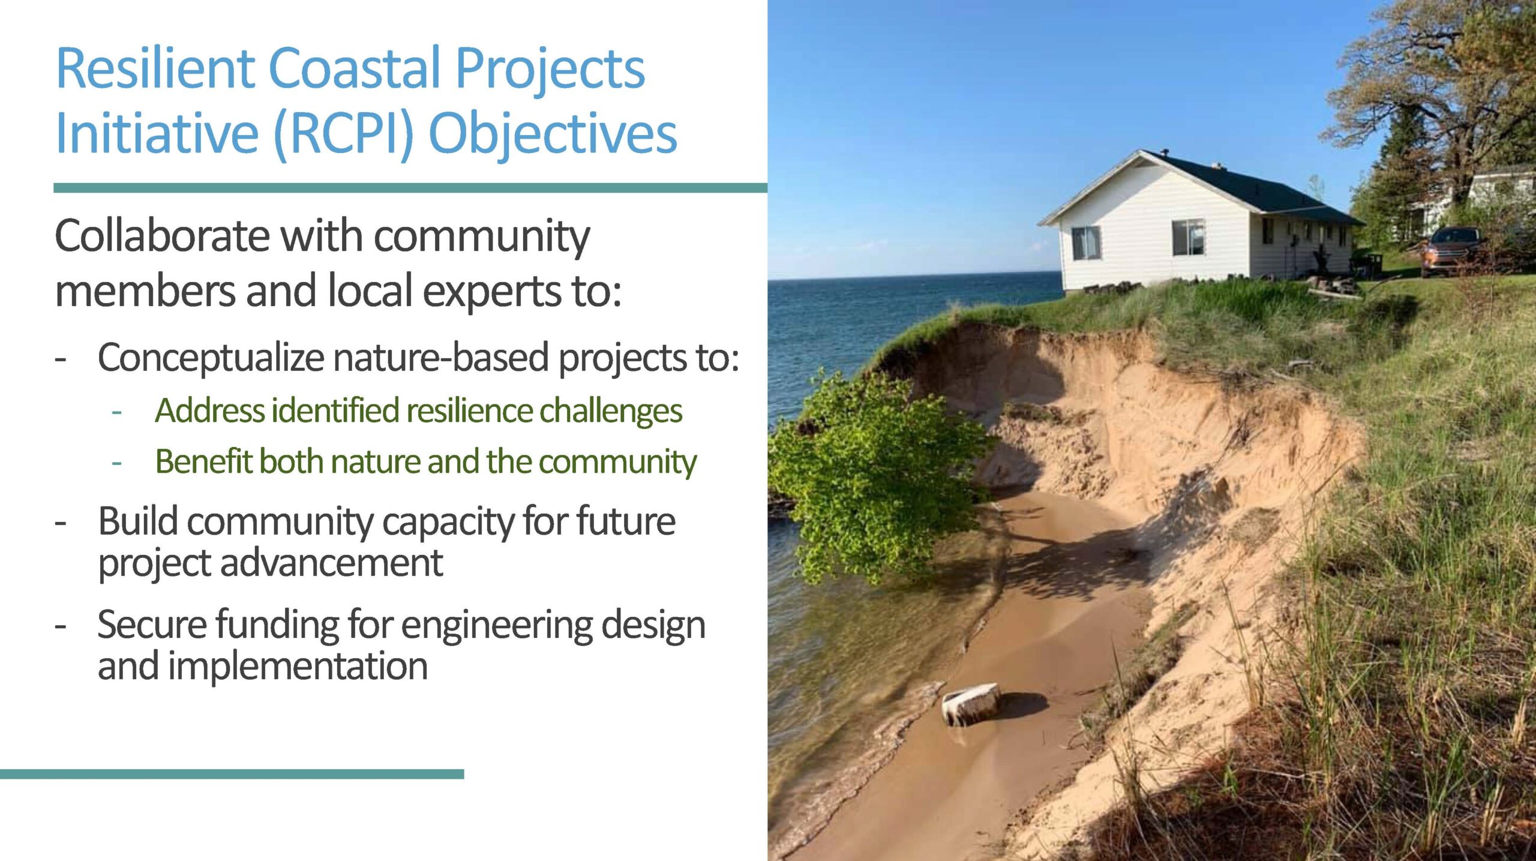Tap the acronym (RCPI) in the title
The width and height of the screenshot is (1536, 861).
coord(344,134)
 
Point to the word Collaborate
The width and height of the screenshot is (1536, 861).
coord(162,236)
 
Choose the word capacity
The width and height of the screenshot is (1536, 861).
coord(448,522)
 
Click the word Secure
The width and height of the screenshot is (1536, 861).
coord(152,625)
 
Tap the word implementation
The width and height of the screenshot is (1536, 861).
coord(298,667)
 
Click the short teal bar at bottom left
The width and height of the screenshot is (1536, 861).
coord(232,774)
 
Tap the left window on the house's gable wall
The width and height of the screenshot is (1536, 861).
coord(1086,243)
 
